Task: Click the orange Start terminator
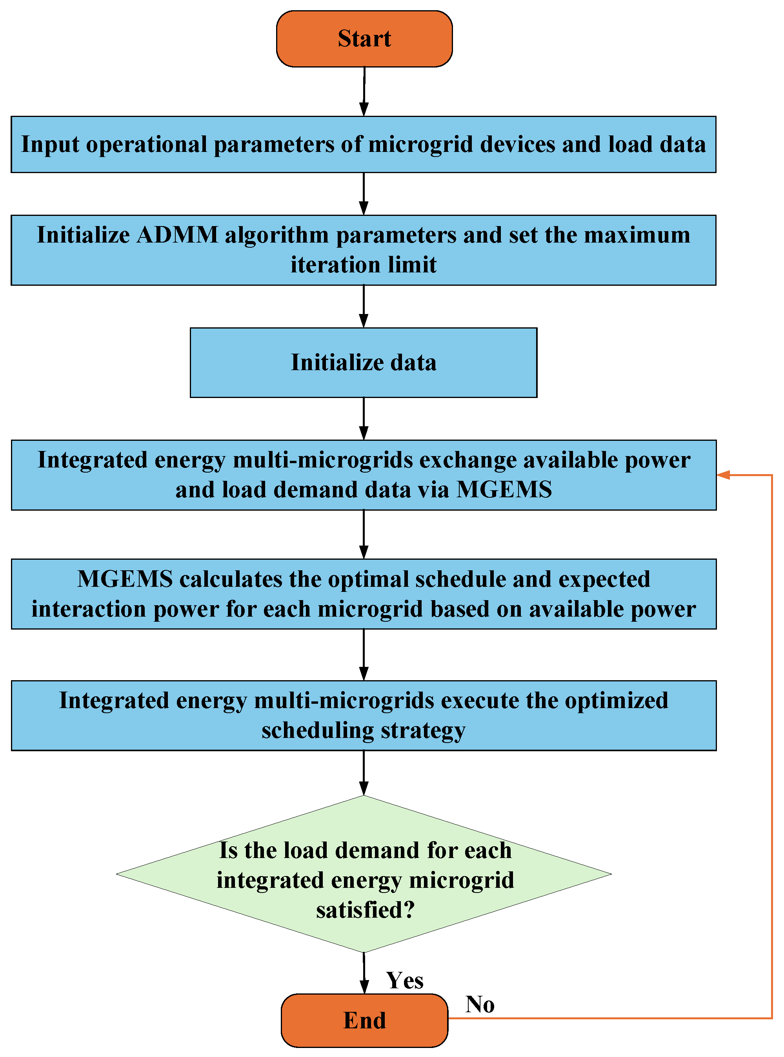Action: click(x=364, y=39)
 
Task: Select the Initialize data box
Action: click(x=364, y=362)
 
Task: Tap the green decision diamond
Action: click(x=364, y=874)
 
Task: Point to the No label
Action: click(x=480, y=1005)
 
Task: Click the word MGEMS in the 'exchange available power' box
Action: click(x=504, y=489)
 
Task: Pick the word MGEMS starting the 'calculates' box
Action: click(x=125, y=579)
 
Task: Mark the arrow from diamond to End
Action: click(x=364, y=973)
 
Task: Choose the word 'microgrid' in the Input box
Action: click(x=420, y=144)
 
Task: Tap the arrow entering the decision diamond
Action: click(x=364, y=772)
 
